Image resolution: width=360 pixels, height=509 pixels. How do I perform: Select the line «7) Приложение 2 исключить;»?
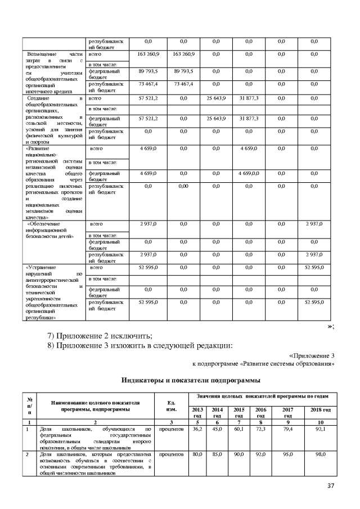(x=100, y=336)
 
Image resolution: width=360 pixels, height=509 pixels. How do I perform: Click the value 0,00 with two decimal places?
(x=183, y=185)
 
